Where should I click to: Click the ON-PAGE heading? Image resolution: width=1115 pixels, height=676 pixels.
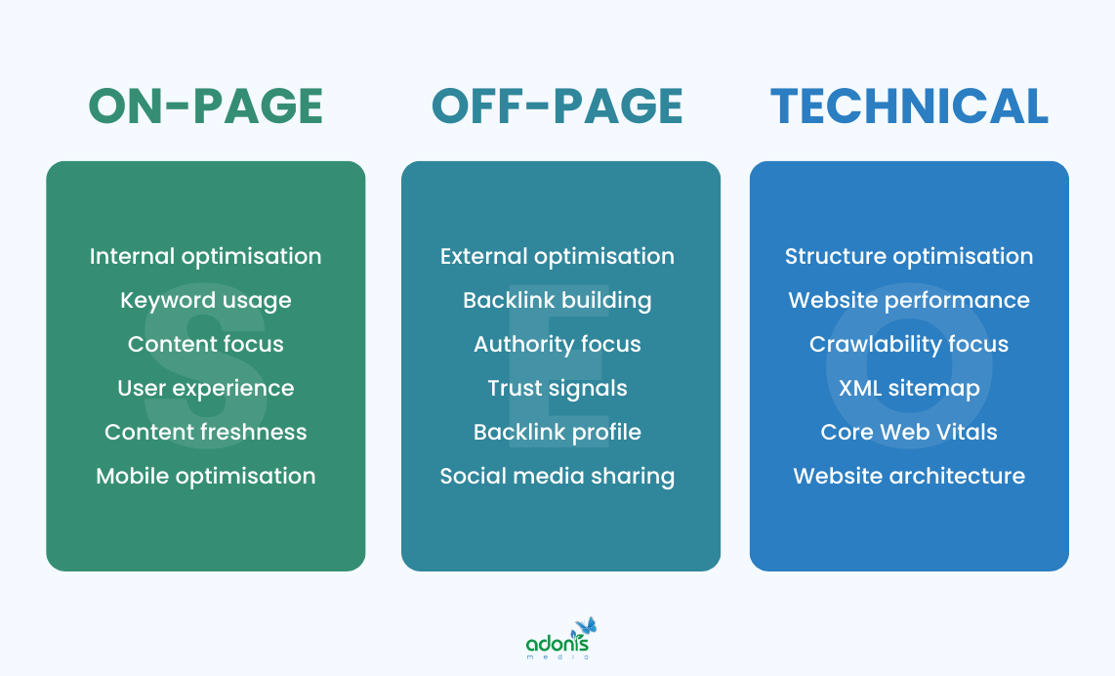point(206,106)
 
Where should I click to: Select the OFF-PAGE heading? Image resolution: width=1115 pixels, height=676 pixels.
point(557,106)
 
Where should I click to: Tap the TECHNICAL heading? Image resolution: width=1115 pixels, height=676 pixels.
point(909,106)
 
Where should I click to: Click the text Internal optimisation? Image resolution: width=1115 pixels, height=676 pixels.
point(206,256)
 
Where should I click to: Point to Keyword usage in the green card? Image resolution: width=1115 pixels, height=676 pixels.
point(206,300)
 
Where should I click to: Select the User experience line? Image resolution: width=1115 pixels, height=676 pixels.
point(206,388)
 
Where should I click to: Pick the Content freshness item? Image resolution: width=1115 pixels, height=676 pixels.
point(206,432)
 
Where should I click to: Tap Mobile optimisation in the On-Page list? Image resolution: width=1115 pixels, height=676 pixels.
point(206,476)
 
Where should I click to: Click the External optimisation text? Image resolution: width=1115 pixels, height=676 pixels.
point(557,256)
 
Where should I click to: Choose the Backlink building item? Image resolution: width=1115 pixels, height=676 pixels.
point(557,300)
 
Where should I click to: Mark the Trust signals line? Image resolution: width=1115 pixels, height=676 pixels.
point(557,388)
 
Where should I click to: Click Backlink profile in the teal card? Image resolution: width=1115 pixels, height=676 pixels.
point(557,432)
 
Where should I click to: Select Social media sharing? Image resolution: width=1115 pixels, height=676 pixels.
point(557,476)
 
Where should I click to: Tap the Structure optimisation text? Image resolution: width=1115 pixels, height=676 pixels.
point(909,256)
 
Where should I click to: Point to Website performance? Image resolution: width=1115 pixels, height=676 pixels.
point(909,300)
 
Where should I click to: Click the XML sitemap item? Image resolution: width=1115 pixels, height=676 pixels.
point(909,388)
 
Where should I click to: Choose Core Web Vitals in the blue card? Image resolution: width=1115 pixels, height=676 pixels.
point(909,432)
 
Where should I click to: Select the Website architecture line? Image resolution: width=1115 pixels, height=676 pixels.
point(909,476)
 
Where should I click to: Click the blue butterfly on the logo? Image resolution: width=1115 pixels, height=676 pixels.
point(586,626)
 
